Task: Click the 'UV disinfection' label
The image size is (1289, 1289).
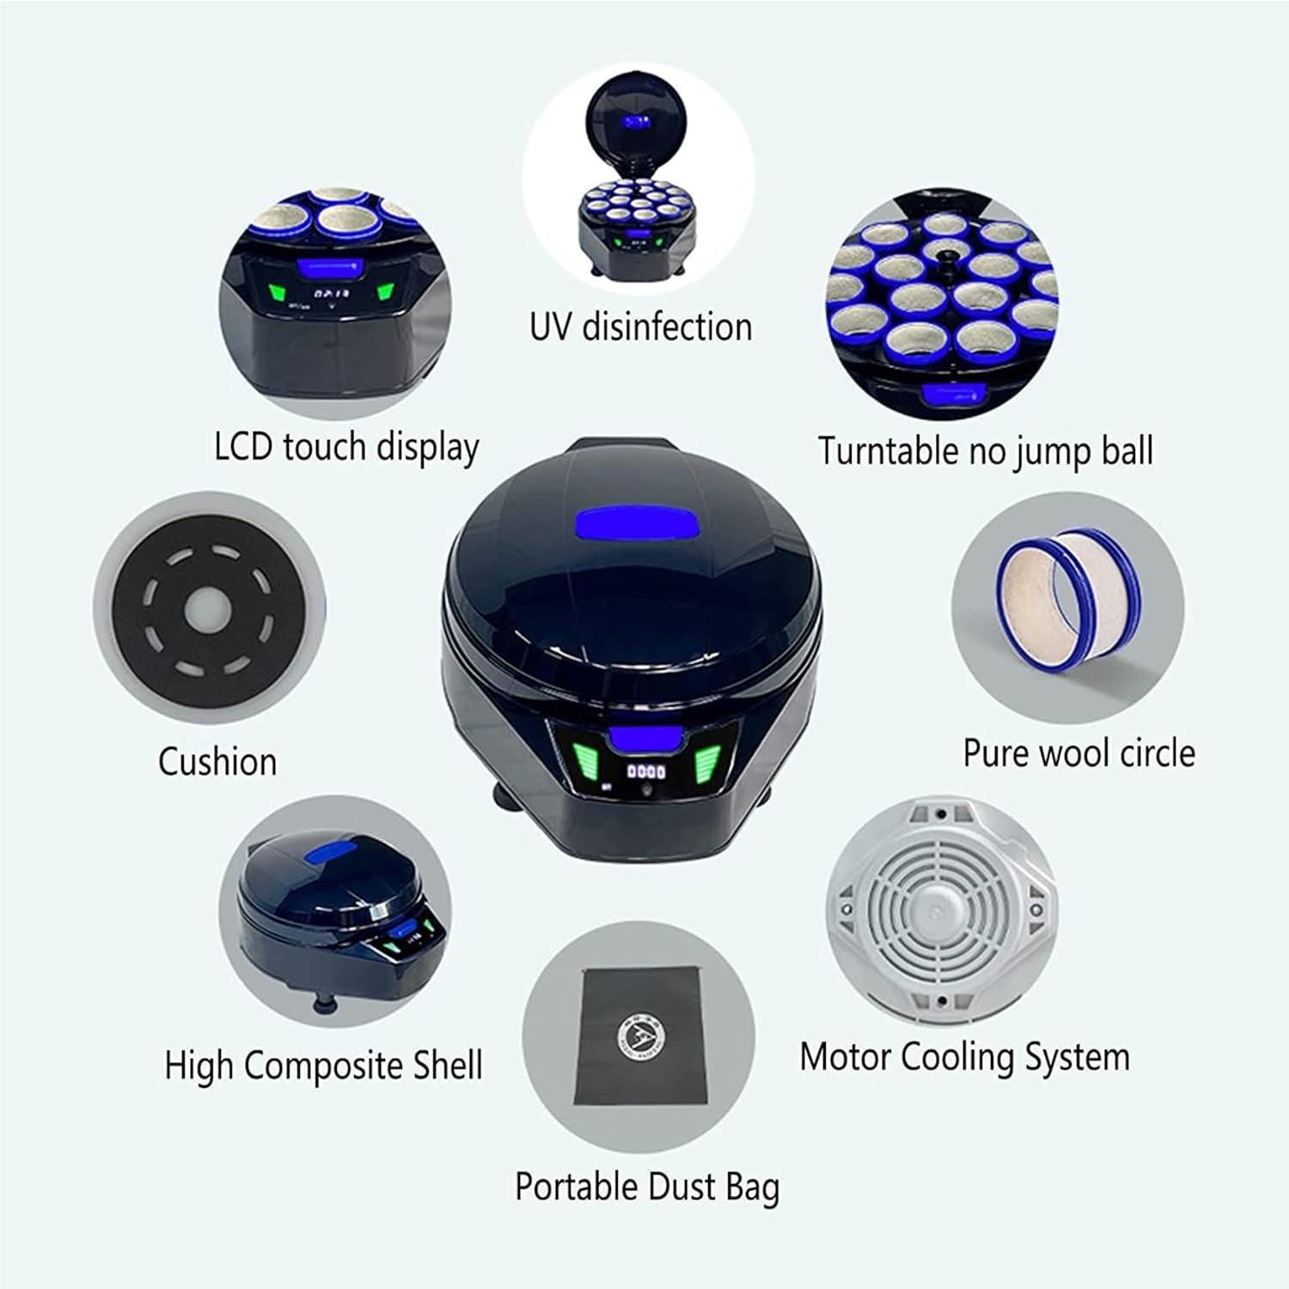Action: tap(640, 327)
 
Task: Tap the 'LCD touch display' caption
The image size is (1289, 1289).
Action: tap(346, 448)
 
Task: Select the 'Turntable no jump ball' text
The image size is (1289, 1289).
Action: tap(985, 451)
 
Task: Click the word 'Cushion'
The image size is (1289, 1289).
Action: tap(217, 762)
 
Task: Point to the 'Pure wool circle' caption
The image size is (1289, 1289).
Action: tap(1078, 753)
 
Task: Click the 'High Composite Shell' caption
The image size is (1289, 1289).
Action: tap(323, 1066)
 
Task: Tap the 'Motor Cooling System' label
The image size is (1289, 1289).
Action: tap(964, 1057)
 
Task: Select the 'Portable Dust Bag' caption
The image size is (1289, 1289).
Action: tap(647, 1187)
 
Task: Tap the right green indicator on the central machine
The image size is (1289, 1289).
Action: tap(708, 760)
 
